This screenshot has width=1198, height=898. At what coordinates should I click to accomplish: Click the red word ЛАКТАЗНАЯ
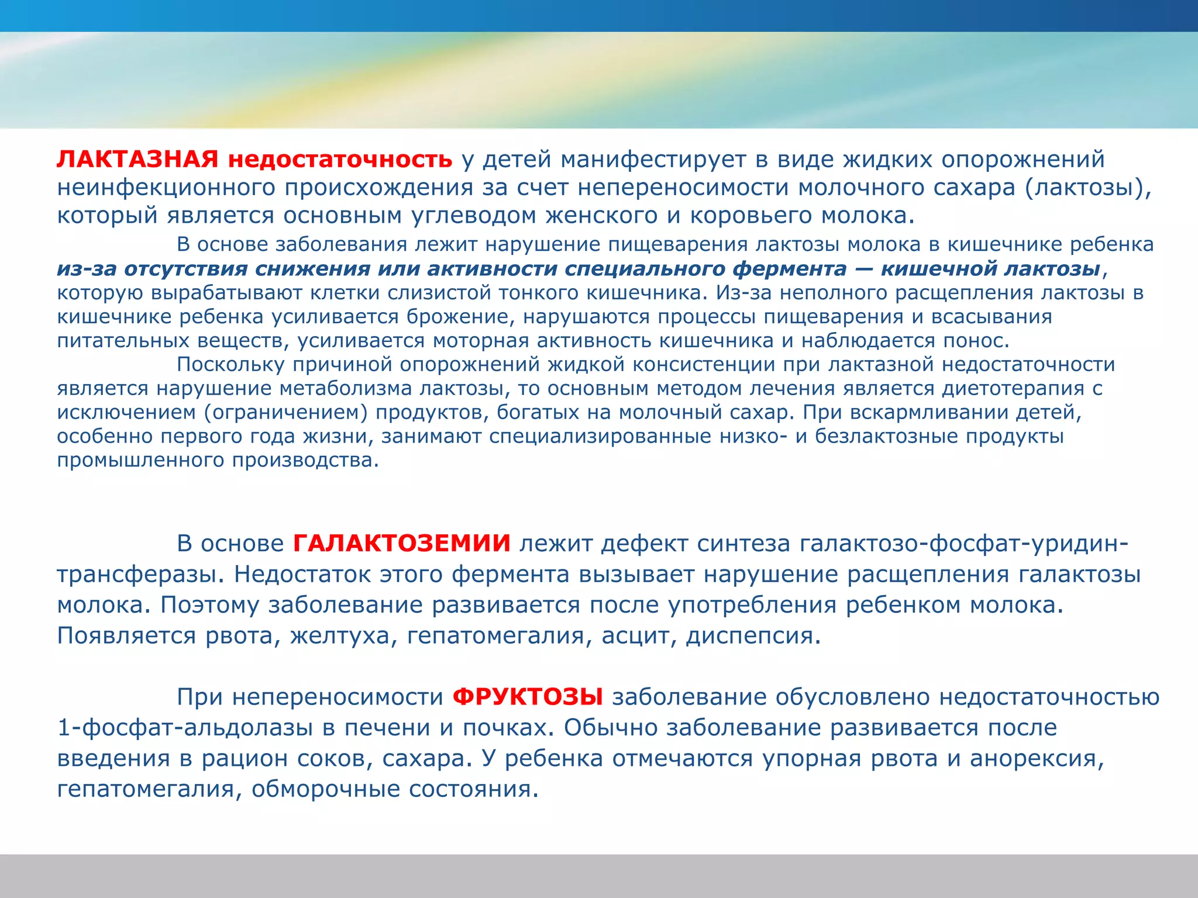coord(137,160)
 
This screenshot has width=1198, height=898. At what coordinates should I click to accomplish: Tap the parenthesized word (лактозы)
coord(1088,188)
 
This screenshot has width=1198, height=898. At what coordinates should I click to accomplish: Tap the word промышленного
coord(140,461)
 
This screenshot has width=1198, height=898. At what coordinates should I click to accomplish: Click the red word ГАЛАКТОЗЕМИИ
coord(402,544)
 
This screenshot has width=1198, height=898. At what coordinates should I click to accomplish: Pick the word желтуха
coord(340,636)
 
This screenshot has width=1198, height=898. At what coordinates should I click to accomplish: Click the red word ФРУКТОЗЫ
coord(528,697)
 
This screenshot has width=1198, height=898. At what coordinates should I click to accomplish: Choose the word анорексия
coord(1037,759)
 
